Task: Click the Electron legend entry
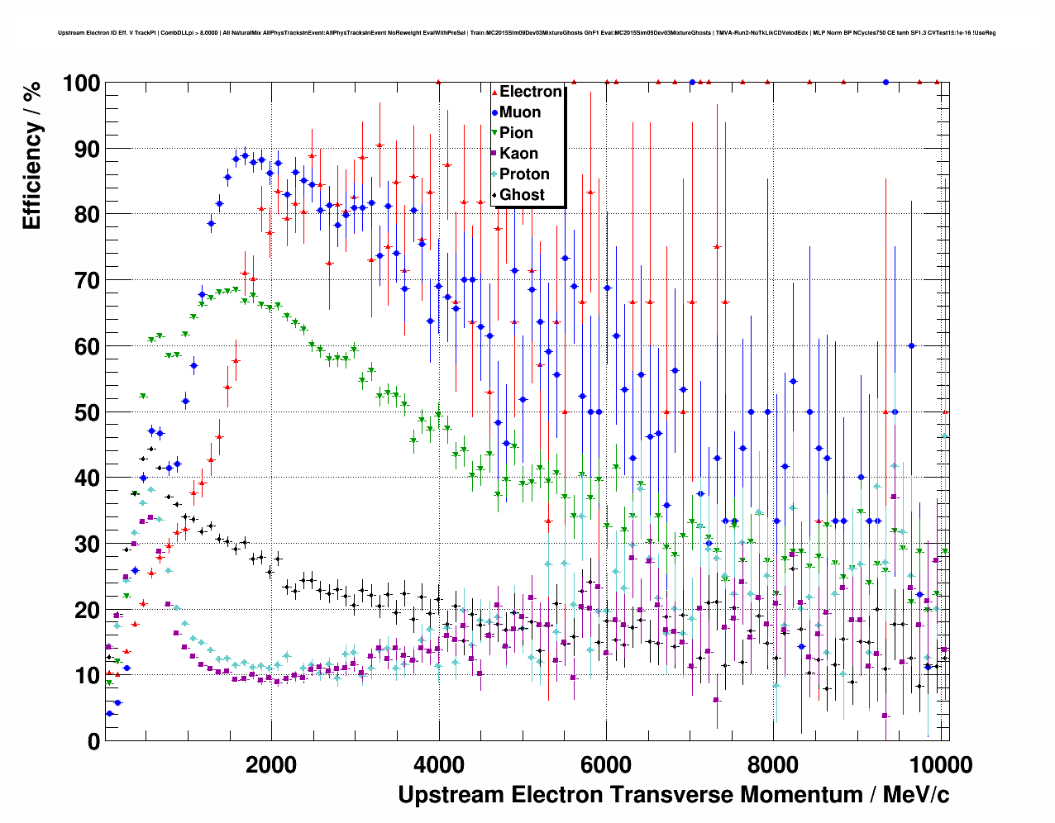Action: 530,92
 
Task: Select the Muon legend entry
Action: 520,112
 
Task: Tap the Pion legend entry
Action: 516,133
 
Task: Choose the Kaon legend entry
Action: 518,154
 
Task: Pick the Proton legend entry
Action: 524,174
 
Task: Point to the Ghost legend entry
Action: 522,195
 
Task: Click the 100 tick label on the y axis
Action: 80,83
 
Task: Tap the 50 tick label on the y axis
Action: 86,412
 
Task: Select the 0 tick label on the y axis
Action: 93,741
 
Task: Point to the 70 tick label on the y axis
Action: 86,281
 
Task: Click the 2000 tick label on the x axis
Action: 270,764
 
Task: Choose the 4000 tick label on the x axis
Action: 438,764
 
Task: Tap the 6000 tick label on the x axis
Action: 606,764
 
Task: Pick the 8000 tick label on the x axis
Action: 774,764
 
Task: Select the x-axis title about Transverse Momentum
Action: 673,795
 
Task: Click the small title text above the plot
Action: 527,33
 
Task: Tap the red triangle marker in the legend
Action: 494,92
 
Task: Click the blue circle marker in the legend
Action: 494,112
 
